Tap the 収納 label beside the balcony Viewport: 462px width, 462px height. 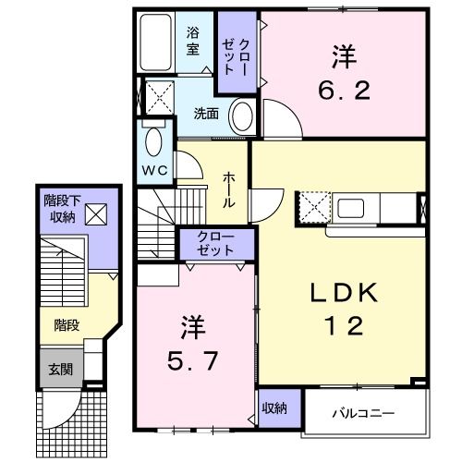click(274, 407)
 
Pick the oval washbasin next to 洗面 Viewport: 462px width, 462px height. click(241, 118)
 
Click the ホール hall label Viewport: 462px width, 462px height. click(227, 188)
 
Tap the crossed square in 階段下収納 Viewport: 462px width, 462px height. click(94, 215)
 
